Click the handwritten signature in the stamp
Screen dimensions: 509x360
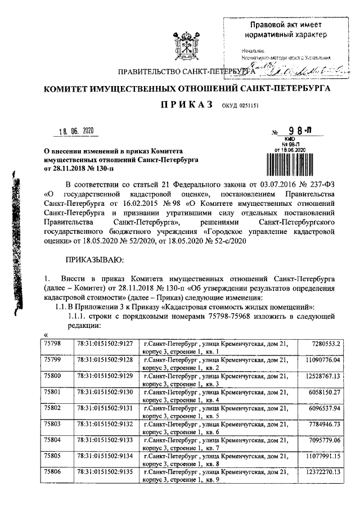[x=304, y=70]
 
